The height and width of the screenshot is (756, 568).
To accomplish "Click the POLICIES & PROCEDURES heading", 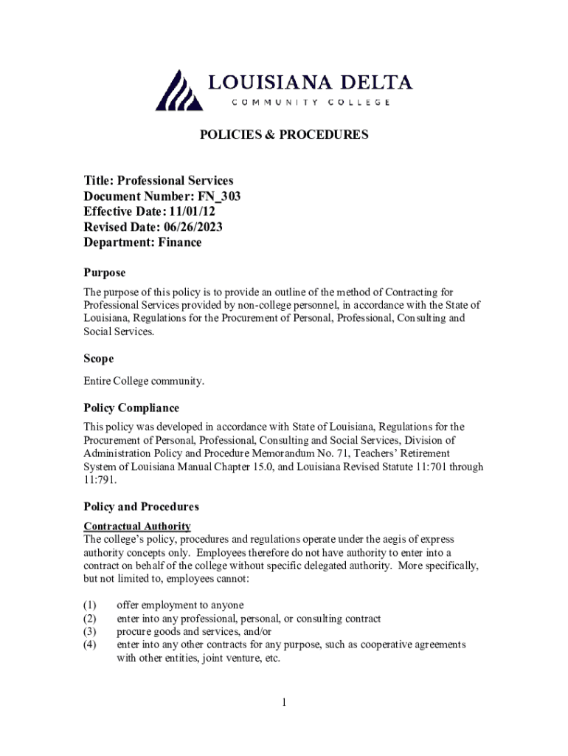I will point(284,135).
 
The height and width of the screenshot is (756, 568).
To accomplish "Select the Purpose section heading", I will point(104,273).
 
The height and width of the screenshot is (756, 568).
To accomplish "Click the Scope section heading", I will point(98,359).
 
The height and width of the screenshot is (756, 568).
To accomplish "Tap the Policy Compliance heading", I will point(131,408).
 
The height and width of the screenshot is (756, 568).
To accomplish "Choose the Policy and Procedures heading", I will point(141,507).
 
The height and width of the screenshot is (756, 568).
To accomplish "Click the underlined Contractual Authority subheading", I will point(137,526).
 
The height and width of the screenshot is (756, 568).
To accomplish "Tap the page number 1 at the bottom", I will point(283,702).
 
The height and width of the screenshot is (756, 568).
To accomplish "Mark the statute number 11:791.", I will point(99,480).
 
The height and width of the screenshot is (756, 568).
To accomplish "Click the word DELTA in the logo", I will point(377,83).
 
